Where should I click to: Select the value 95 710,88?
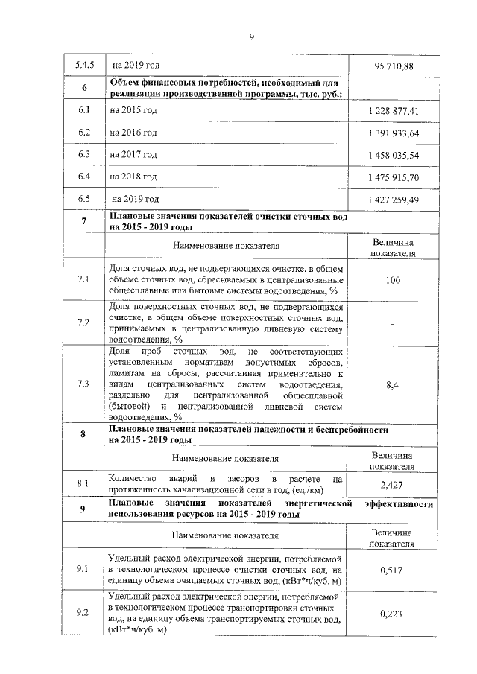[393, 66]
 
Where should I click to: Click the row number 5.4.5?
[83, 66]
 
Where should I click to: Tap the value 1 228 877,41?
[393, 111]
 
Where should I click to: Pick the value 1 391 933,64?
[393, 133]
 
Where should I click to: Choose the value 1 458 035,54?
[393, 155]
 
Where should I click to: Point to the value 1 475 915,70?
[393, 177]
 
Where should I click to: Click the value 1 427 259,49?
[393, 200]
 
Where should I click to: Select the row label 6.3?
[83, 155]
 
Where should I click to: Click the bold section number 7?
[83, 221]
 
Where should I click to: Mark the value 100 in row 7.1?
[393, 280]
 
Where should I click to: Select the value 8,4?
[393, 384]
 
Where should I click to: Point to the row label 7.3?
[83, 384]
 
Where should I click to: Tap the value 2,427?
[393, 485]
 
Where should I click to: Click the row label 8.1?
[83, 484]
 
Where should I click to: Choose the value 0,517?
[393, 570]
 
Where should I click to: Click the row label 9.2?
[83, 613]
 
